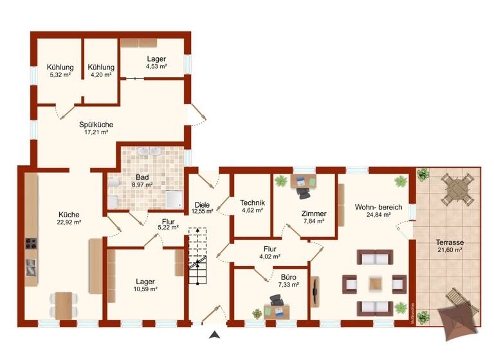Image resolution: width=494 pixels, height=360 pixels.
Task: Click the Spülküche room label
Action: (93, 123)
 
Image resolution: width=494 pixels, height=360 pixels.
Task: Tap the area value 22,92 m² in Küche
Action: (69, 222)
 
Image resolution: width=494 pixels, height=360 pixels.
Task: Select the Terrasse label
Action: (450, 242)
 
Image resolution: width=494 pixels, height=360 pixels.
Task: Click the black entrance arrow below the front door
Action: (214, 334)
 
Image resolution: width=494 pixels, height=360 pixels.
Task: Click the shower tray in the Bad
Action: (174, 199)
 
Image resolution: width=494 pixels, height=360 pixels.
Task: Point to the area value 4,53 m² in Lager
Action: (156, 66)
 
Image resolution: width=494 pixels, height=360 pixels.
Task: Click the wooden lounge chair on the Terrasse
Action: (455, 298)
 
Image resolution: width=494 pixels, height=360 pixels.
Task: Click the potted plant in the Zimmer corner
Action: (280, 181)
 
